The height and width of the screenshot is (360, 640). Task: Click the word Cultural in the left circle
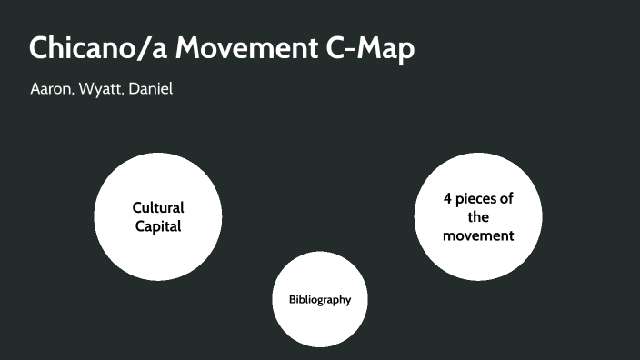click(158, 207)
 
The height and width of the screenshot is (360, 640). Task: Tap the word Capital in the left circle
click(158, 225)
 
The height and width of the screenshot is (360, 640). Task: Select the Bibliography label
click(320, 299)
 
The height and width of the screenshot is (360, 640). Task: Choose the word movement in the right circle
click(478, 235)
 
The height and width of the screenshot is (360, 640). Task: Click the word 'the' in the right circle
click(478, 217)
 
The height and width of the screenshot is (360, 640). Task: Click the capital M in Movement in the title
click(190, 49)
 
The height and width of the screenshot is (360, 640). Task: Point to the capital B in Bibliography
click(293, 299)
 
